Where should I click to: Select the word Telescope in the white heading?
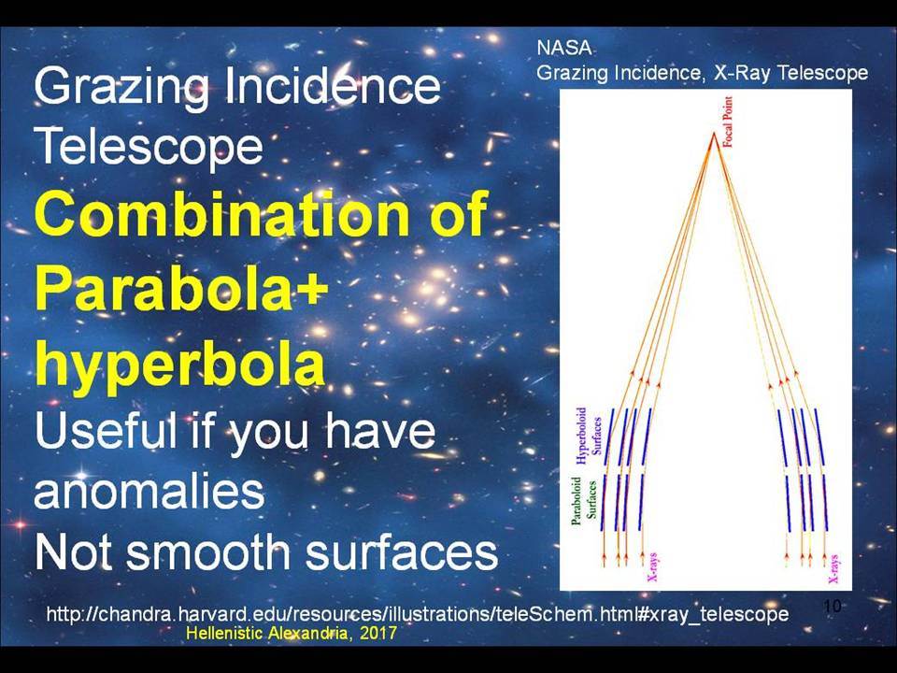click(149, 147)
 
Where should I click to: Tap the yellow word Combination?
click(222, 213)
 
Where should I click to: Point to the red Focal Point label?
click(728, 122)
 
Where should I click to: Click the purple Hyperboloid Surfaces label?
click(589, 435)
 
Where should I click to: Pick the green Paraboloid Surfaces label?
click(584, 499)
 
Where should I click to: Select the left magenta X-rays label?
click(651, 566)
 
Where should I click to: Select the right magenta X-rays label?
click(833, 569)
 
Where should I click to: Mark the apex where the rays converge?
click(713, 134)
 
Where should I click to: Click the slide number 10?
click(833, 606)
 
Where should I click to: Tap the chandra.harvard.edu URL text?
click(417, 614)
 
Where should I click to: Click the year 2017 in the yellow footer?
click(378, 633)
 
